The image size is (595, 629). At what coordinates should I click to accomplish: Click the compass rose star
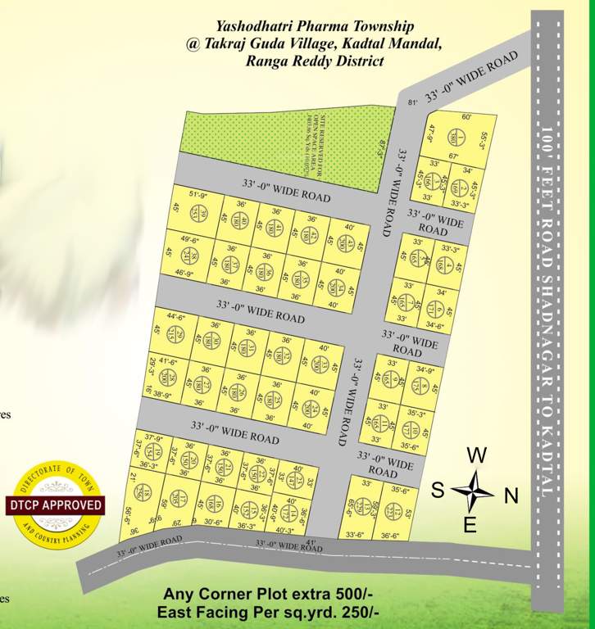pos(473,491)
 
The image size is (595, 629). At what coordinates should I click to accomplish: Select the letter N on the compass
pos(511,495)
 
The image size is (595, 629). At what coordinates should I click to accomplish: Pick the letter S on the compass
pos(438,491)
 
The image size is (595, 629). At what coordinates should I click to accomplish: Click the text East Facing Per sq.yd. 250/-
pos(269,612)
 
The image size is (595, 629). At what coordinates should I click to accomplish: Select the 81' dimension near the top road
pos(412,102)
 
